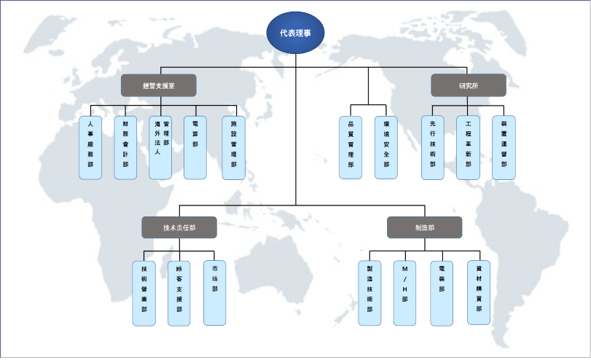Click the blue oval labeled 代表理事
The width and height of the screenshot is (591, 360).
[x=296, y=34]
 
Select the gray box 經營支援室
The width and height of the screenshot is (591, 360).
[x=158, y=85]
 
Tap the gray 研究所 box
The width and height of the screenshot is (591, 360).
[x=469, y=85]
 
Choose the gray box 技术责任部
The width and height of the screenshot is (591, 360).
[x=179, y=227]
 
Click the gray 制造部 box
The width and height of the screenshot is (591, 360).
[x=424, y=227]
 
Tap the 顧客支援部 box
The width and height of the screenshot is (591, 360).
[x=179, y=293]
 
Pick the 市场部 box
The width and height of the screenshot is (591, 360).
[x=215, y=293]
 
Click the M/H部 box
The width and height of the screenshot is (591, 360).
[x=405, y=293]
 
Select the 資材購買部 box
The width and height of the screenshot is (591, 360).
[x=479, y=293]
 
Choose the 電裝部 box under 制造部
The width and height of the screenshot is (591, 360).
[x=442, y=293]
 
